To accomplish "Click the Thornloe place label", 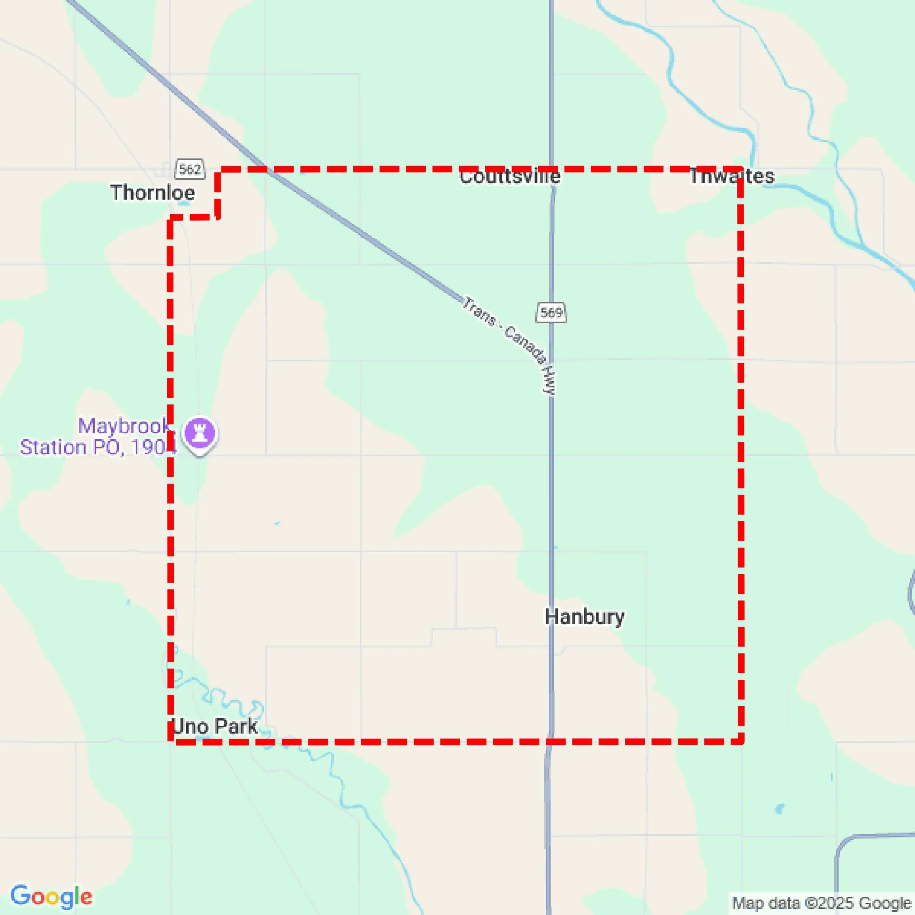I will click(x=152, y=193).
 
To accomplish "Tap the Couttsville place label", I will click(x=510, y=177).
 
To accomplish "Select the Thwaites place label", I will click(x=732, y=176).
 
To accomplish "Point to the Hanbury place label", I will click(x=584, y=617).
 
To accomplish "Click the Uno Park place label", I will click(x=215, y=726).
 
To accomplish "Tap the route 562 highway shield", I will click(x=190, y=169).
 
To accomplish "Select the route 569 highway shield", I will click(x=551, y=313).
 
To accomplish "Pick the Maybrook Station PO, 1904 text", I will click(x=99, y=436).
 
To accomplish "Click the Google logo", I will click(x=51, y=896).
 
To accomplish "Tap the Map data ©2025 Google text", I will click(x=822, y=903).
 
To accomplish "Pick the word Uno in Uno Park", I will click(x=184, y=726).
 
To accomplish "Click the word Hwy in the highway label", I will click(x=549, y=380).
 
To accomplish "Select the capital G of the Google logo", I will click(x=20, y=895).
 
